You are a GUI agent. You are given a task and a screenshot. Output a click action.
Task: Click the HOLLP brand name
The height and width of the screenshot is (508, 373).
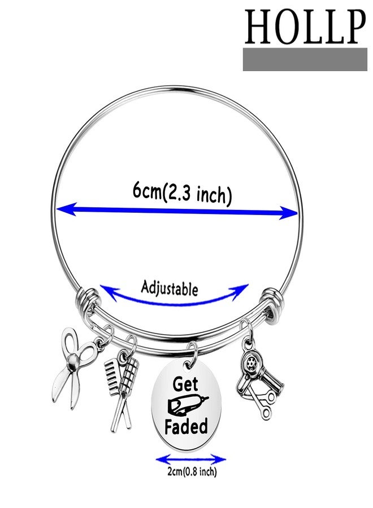coord(305,27)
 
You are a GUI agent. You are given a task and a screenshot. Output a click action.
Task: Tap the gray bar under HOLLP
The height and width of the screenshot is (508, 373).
coord(305,60)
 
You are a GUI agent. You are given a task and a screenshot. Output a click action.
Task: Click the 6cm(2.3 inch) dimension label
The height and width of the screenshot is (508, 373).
coord(183,194)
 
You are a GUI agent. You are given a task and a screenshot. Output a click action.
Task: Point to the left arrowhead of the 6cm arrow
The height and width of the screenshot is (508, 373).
coord(67,209)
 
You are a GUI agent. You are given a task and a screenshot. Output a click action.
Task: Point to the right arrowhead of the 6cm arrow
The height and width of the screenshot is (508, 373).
coord(288,213)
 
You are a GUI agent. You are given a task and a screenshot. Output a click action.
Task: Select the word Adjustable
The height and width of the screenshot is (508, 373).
coord(169,288)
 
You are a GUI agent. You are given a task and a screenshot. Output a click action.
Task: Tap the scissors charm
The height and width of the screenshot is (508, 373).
coord(75,366)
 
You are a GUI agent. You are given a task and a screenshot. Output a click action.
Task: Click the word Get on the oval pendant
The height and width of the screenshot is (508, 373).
coord(185,384)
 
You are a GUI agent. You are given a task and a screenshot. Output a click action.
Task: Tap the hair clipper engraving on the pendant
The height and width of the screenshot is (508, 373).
coord(187,405)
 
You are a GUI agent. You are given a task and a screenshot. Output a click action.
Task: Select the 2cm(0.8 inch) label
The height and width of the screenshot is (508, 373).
coord(192,471)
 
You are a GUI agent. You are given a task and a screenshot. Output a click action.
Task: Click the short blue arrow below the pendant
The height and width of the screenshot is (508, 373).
coord(190,459)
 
